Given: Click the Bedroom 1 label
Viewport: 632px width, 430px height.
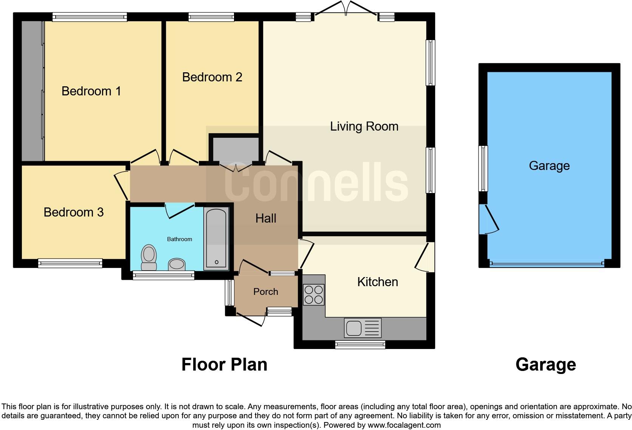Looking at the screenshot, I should pos(91,91).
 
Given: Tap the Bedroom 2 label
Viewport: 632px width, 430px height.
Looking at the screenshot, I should pos(212,77).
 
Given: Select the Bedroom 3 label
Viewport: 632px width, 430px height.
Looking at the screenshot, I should pos(74,212).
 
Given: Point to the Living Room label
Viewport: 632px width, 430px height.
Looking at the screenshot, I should pos(364,126).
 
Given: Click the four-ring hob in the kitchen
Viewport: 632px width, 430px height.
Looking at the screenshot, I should pos(314,294).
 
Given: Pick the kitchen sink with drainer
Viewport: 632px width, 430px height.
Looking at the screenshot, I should pos(362,327).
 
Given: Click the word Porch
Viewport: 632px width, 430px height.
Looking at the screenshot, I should pos(266,292).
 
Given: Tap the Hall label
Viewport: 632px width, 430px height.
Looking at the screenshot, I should pos(266,218).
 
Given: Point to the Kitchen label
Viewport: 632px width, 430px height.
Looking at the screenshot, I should pos(377,282).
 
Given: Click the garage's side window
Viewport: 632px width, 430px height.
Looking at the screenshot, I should pos(483,168).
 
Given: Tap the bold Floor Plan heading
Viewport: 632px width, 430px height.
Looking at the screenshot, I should pos(224,365).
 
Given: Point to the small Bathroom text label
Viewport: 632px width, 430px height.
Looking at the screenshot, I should pos(180,239).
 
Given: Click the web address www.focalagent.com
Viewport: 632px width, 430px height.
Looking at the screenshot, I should pos(404,425).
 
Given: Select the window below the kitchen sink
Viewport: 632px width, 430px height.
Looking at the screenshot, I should pos(360,344).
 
